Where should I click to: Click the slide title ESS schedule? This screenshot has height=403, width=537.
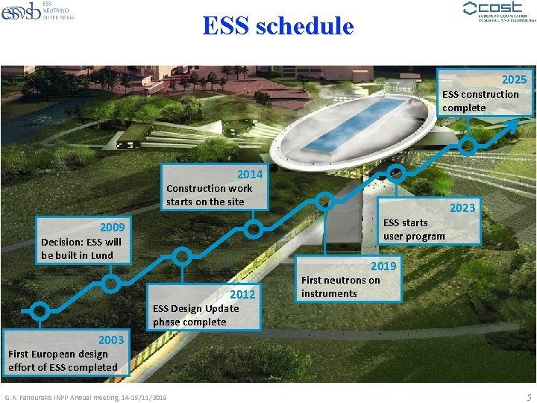click(x=277, y=26)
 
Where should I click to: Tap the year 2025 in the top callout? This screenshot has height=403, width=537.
click(x=514, y=80)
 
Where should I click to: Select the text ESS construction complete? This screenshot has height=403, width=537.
click(x=480, y=101)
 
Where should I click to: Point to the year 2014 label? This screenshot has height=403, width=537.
click(x=250, y=175)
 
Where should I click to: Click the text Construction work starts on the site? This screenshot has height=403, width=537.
click(x=209, y=195)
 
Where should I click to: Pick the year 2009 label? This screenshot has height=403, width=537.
click(x=113, y=227)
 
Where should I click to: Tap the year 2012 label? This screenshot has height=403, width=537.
click(x=242, y=295)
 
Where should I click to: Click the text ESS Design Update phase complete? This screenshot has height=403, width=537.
click(x=195, y=315)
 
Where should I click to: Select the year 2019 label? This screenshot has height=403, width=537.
click(x=383, y=266)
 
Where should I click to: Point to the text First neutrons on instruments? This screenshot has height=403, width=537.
click(x=339, y=287)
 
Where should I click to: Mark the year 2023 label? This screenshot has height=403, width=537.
click(x=462, y=208)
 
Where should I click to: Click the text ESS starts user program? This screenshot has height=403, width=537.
click(x=414, y=230)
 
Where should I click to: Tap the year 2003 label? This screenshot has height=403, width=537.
click(x=111, y=340)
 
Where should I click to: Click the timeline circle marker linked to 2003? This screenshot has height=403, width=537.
click(x=40, y=310)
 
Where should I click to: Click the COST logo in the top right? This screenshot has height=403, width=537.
click(x=499, y=12)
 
